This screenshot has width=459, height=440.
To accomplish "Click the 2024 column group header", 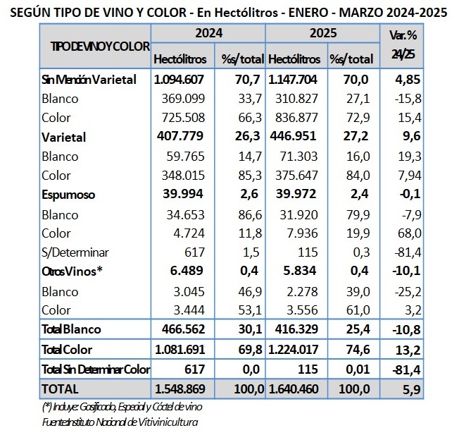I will tap(208, 33).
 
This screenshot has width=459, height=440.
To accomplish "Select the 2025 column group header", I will tap(322, 33).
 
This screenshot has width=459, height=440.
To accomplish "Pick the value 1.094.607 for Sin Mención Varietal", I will tap(179, 80).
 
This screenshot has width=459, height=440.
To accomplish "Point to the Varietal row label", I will tap(64, 137).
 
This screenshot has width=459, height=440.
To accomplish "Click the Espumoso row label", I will tap(68, 194).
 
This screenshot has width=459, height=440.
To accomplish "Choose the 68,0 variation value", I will tap(408, 232).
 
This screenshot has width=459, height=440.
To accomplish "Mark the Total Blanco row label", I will tap(72, 329).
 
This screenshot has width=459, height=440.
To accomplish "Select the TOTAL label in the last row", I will tap(60, 389).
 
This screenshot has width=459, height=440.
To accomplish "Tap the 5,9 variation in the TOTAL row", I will tap(413, 389).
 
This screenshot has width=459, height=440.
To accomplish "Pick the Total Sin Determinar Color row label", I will tap(96, 369).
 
